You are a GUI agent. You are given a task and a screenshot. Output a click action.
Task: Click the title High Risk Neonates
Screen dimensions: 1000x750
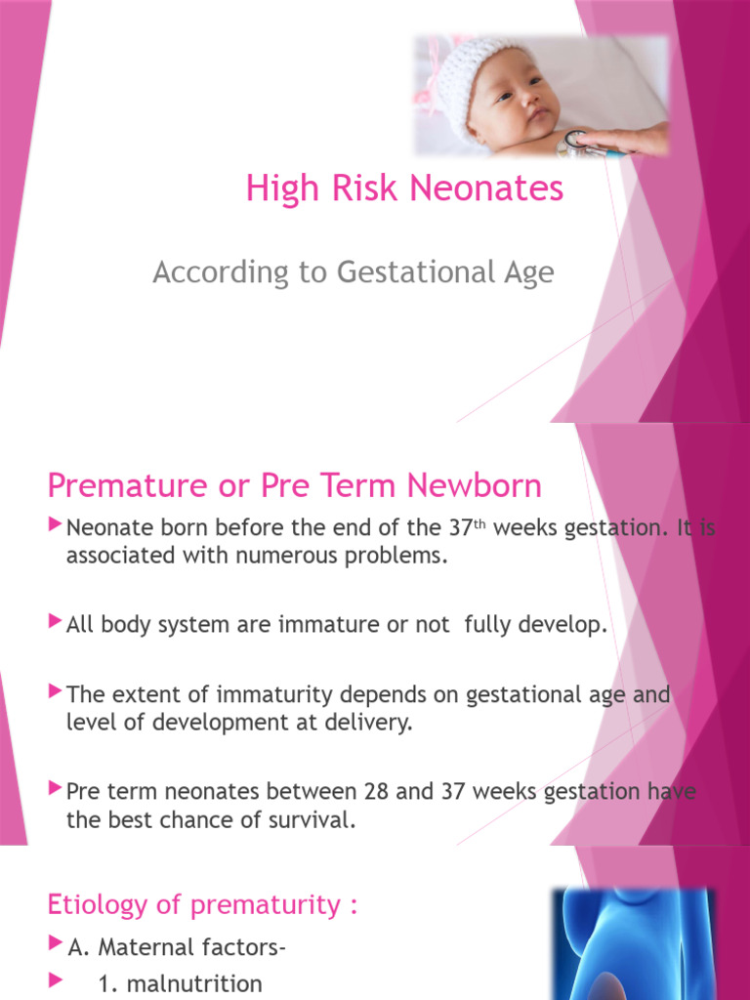point(404,188)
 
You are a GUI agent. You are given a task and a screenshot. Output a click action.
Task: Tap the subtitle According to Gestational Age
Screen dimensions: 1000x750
point(353,272)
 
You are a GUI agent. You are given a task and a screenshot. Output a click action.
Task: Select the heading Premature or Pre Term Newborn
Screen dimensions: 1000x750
point(294,485)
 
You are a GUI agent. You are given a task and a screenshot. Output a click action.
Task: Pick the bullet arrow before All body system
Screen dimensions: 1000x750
point(55,623)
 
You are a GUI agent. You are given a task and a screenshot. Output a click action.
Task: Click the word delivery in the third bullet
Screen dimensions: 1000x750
point(364,725)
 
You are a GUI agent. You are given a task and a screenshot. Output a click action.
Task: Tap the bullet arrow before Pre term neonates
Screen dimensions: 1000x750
point(55,788)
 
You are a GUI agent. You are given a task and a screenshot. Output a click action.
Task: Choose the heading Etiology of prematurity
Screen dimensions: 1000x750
point(203,905)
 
